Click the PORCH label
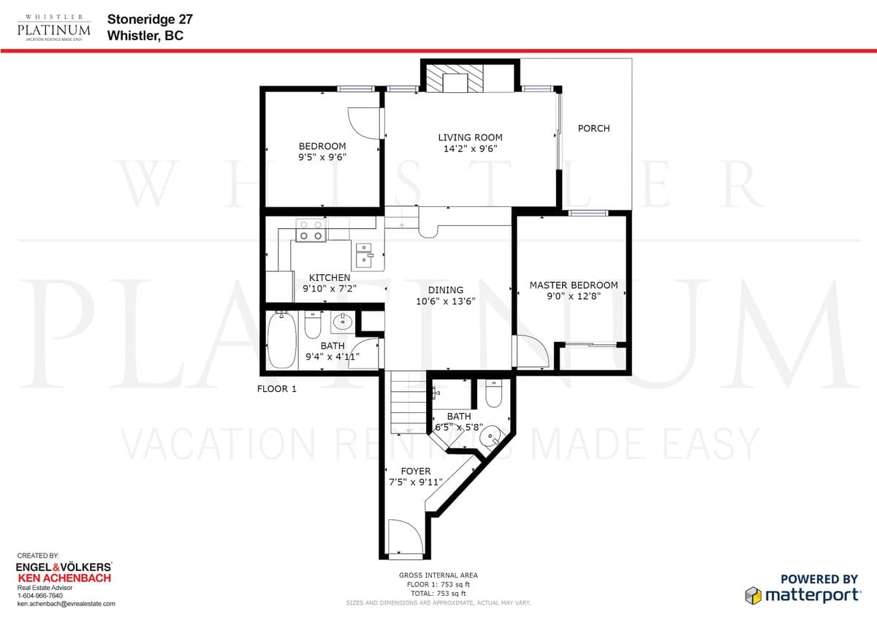[x=593, y=129]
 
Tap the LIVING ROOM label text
[x=470, y=137]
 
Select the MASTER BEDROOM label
[x=574, y=285]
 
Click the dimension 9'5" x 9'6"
[x=322, y=157]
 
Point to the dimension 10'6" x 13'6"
[x=446, y=300]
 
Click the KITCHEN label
[x=330, y=277]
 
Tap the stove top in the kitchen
[x=311, y=230]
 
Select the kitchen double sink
[x=364, y=255]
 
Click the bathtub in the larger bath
[x=282, y=340]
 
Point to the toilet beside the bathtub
[x=313, y=325]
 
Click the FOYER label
[x=416, y=471]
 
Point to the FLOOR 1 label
[x=277, y=389]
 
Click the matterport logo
[x=802, y=596]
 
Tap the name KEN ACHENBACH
[x=64, y=578]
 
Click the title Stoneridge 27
[x=150, y=19]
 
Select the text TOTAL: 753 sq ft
[x=438, y=594]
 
